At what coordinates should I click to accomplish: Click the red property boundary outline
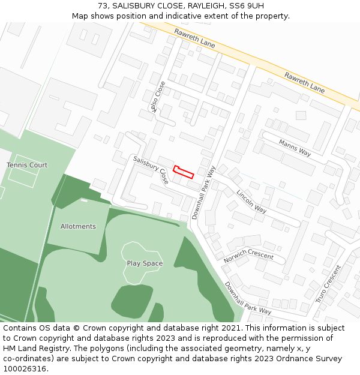point(183,172)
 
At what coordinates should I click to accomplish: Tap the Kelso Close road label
point(157,96)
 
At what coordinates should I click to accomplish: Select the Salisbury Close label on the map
point(151,170)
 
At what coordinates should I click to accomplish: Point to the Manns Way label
point(295,148)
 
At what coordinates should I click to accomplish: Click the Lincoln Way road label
point(251,202)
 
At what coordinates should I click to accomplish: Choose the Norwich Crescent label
point(248,256)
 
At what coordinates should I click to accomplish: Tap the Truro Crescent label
point(328,284)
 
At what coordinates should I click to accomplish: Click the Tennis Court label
point(27,165)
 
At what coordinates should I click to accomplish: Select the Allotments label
point(78,226)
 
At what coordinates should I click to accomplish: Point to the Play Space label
point(145,263)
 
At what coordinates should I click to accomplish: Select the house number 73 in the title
point(103,5)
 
